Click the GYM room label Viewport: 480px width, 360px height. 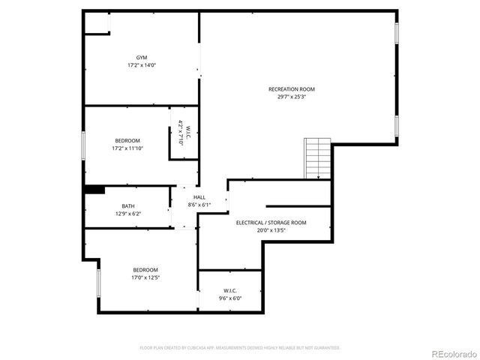142,58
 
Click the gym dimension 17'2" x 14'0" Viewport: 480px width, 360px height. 142,65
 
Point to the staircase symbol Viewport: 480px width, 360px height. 317,158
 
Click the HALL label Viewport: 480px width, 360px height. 199,197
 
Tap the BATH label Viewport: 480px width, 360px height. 128,206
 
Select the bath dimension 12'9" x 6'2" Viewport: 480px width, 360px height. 128,214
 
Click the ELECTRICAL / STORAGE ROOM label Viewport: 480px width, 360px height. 271,223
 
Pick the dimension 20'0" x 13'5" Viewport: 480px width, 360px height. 271,230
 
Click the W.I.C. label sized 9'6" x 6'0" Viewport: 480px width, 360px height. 230,290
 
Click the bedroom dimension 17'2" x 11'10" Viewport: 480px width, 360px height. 127,148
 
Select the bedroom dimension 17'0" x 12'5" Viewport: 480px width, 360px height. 145,277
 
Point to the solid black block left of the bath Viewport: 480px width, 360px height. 94,190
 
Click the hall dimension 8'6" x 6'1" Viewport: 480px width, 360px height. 199,205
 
